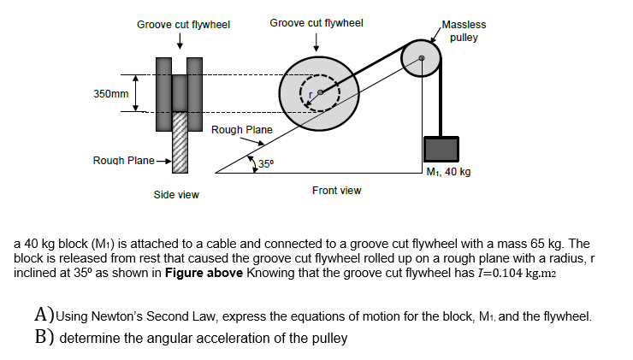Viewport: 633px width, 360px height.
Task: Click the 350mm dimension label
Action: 109,91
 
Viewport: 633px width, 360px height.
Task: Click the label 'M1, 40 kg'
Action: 448,171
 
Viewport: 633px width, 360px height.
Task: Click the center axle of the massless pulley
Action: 421,58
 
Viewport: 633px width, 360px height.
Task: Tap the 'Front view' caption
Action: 336,190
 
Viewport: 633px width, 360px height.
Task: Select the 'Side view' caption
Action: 176,195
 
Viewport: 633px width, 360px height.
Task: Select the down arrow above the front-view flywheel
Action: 316,41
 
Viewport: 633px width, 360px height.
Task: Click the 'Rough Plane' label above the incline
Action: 241,130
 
